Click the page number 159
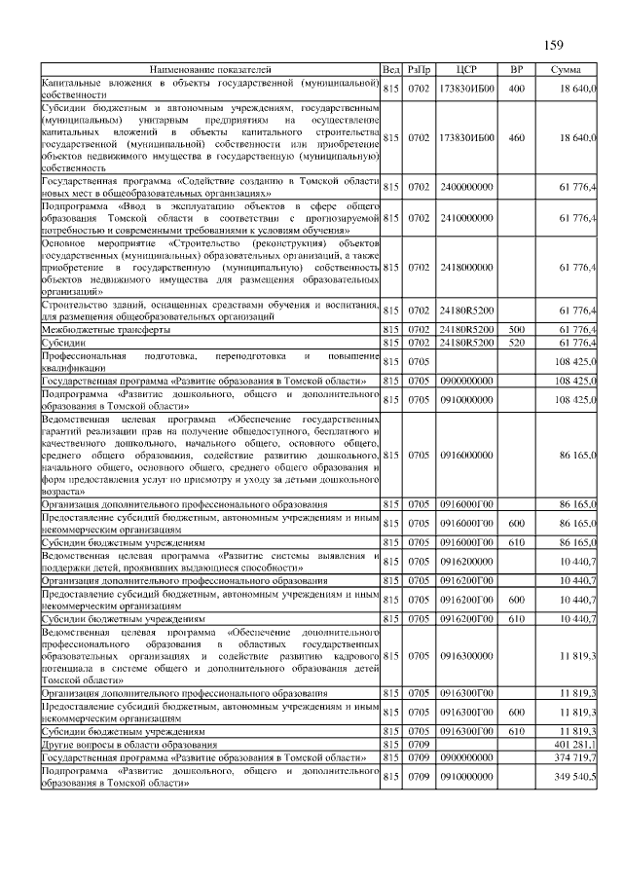point(554,44)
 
